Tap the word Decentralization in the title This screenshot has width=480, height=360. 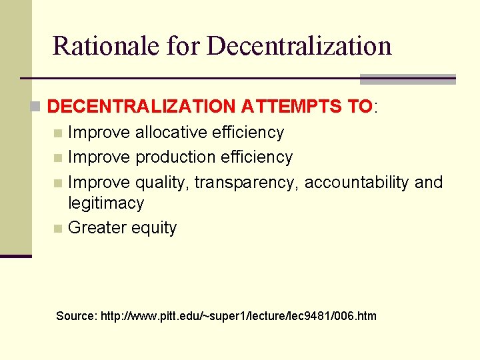coord(299,45)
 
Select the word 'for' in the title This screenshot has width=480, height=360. coord(182,45)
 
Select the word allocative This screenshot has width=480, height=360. coord(171,133)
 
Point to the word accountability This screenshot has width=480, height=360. coord(357,183)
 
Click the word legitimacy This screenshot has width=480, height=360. coord(106,203)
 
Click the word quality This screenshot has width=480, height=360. coord(161,183)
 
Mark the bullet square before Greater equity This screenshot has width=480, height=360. coord(59,229)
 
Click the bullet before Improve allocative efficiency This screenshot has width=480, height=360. coord(59,133)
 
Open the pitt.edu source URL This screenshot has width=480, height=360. coord(238,315)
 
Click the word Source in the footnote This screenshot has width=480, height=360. coord(75,315)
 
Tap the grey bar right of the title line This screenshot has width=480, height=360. coord(407,79)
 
